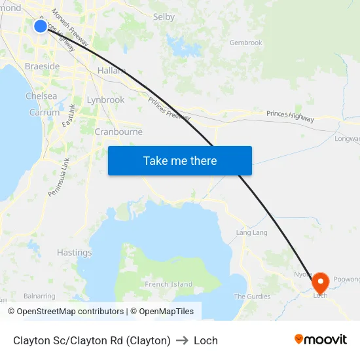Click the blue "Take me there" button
[179, 160]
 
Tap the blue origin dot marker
[41, 26]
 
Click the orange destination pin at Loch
[320, 283]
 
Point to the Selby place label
[164, 17]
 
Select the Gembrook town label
[245, 43]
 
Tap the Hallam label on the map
[111, 71]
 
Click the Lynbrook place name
[105, 100]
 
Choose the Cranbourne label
[118, 132]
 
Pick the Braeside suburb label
[42, 66]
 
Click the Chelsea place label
[41, 96]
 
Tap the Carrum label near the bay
[45, 113]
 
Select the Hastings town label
[74, 253]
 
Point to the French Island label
[169, 284]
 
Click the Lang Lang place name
[251, 232]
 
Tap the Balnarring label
[39, 296]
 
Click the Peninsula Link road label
[59, 177]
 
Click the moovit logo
[320, 340]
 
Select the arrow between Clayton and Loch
[182, 340]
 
